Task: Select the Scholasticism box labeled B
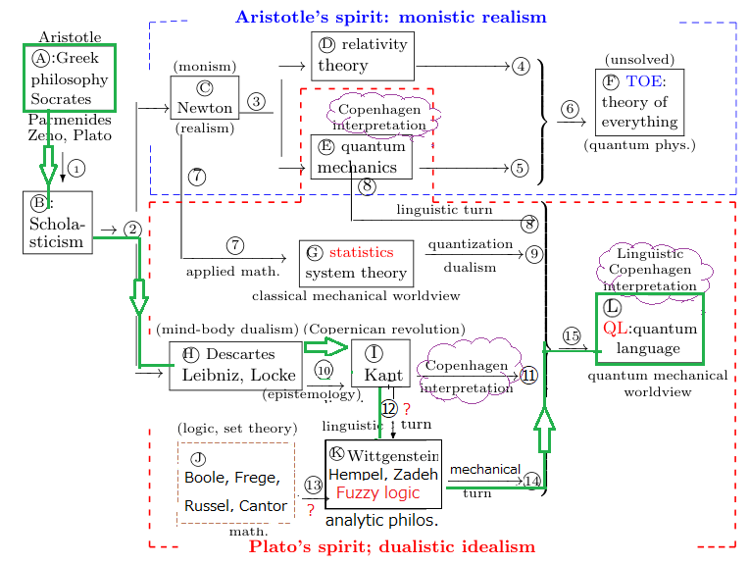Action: (x=58, y=223)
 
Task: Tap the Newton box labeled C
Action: (x=204, y=98)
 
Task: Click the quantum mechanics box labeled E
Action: (x=362, y=157)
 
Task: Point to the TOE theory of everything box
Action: (x=639, y=102)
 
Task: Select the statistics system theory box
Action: (x=356, y=263)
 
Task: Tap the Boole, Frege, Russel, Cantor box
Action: (x=235, y=482)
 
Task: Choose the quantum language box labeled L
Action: (x=649, y=327)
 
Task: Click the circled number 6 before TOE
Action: (x=569, y=110)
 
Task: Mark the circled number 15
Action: (x=573, y=336)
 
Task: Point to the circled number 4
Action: (x=521, y=66)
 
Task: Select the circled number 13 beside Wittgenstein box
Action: (x=314, y=485)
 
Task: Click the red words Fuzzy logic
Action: (x=377, y=492)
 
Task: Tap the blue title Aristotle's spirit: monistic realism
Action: (x=390, y=17)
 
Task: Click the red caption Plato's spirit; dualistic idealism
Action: (x=392, y=546)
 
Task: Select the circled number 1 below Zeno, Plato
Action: (x=77, y=168)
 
